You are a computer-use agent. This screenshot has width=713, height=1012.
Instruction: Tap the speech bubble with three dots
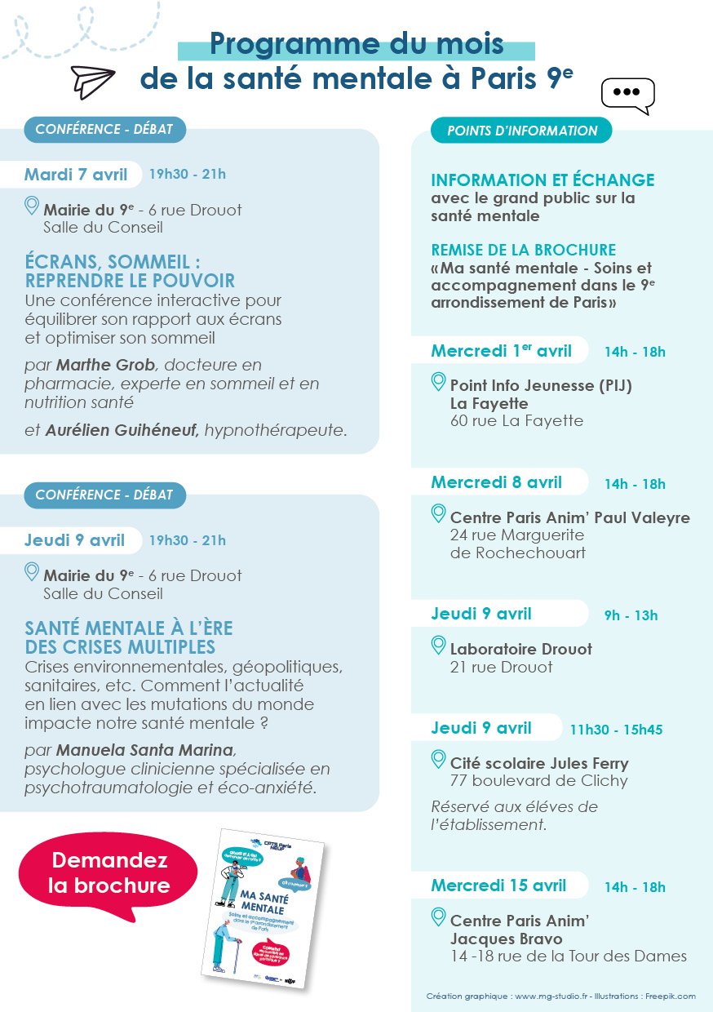coord(627,95)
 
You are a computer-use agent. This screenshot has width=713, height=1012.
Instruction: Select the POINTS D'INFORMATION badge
coord(522,131)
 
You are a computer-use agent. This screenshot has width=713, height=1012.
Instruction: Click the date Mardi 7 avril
coord(76,175)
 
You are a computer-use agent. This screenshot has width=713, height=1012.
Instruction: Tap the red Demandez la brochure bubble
coord(109,873)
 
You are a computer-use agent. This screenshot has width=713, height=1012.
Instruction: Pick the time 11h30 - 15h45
coord(616,730)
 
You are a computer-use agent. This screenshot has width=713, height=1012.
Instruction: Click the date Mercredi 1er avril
coord(502,352)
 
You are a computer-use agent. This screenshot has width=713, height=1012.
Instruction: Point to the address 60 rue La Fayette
coord(516,421)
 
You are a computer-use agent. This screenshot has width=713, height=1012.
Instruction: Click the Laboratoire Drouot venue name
coord(521,649)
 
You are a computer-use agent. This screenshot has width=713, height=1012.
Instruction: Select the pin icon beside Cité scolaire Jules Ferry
coord(439,761)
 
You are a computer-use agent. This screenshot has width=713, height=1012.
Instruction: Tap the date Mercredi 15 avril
coord(498,885)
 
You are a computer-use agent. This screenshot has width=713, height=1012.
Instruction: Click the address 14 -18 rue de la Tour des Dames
coord(569,957)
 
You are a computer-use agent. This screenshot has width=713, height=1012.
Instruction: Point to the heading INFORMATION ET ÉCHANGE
coord(542,180)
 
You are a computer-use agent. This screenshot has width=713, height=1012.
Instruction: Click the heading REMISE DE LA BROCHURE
coord(523,250)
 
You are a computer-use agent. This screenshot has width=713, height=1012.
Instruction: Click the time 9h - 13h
coord(631,615)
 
